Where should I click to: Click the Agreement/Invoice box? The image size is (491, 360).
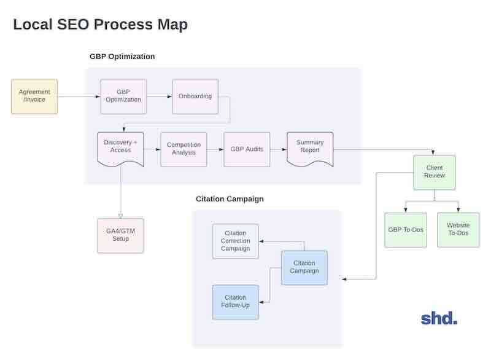[x=34, y=96]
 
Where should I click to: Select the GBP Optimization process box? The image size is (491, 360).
[x=123, y=96]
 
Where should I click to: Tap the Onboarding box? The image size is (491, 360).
[x=195, y=96]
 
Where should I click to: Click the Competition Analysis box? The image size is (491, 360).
[x=184, y=149]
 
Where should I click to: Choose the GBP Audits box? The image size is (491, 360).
[x=247, y=149]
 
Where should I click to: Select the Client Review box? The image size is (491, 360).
[x=434, y=172]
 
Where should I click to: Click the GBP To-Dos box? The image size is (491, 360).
[x=406, y=230]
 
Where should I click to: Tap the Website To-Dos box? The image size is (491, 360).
[x=458, y=230]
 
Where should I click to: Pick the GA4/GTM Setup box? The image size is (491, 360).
[x=120, y=235]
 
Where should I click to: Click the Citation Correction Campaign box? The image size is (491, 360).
[x=235, y=241]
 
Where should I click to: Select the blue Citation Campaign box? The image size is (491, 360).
[x=304, y=267]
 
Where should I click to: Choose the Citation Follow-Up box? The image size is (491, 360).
[x=235, y=302]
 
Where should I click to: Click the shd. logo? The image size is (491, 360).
[x=439, y=318]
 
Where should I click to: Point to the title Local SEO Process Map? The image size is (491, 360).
[x=100, y=25]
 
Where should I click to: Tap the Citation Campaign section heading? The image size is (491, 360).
[x=230, y=199]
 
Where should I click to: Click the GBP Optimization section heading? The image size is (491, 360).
[x=122, y=57]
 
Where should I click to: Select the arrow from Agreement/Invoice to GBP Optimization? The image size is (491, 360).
[x=79, y=97]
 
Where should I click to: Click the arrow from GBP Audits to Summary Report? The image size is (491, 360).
[x=279, y=149]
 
